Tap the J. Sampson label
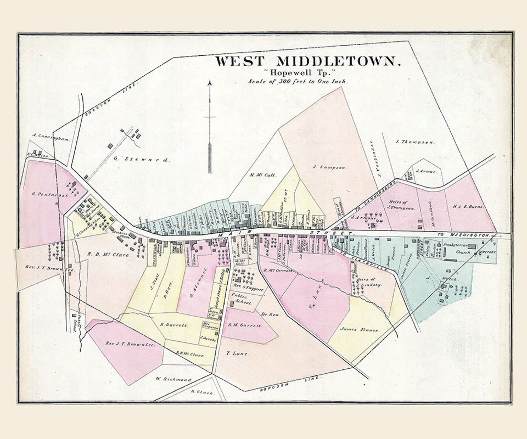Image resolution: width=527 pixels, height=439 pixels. click(x=330, y=168)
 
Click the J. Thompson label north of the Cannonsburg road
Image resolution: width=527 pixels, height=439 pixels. click(x=415, y=142)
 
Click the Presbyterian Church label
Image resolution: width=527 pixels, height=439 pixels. click(x=457, y=249)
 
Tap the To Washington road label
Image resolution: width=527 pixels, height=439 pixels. click(x=464, y=235)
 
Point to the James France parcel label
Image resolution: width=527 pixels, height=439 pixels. click(x=359, y=330)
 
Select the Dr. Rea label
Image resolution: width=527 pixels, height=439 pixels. click(x=271, y=314)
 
